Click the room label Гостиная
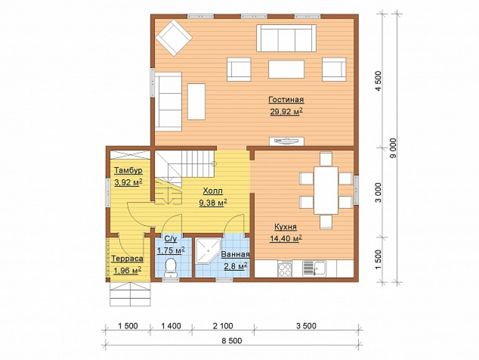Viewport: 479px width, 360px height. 286,100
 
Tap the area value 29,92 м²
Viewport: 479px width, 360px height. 286,112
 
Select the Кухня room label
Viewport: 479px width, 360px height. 285,227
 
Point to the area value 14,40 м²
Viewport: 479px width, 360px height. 285,238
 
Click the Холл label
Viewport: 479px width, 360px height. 213,191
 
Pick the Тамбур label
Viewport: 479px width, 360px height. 128,170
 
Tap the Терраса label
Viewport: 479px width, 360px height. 127,258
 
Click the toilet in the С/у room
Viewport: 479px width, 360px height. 171,267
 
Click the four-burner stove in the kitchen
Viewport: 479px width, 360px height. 285,268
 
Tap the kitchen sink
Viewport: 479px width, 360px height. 314,268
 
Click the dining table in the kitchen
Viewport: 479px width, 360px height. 326,190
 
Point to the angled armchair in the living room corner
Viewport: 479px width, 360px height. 173,37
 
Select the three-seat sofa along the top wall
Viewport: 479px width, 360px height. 286,38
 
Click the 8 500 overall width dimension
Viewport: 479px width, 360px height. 232,340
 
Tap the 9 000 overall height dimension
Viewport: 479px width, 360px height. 393,148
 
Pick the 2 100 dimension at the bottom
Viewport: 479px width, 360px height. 223,326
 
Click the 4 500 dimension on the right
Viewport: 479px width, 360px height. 378,81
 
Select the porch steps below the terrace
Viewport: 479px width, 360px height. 130,294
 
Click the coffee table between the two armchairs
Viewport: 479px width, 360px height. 286,69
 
